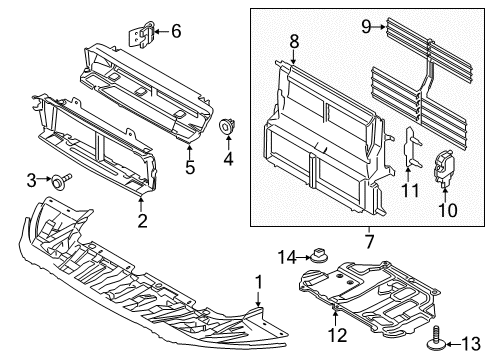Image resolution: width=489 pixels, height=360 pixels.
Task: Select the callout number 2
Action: pos(142,221)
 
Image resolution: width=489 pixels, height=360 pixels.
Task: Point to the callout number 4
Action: pos(228,157)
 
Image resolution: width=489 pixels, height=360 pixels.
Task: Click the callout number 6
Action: pos(176,31)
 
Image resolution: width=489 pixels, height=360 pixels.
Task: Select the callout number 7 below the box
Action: pos(369,241)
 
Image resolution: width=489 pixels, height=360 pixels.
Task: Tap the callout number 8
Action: pos(295,42)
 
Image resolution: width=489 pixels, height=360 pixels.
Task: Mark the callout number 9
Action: pos(367,27)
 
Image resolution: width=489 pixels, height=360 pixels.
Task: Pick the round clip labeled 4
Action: pos(228,128)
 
